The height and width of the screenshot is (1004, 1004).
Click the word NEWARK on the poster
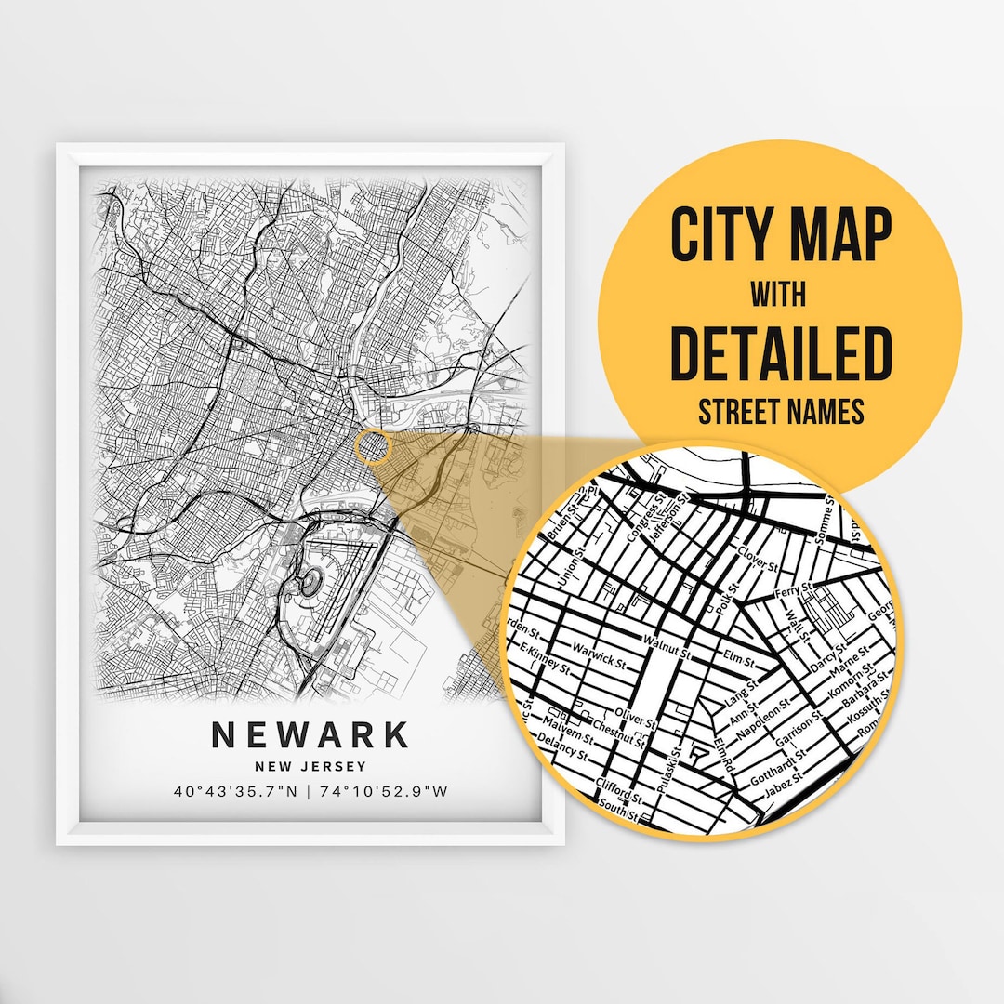[310, 735]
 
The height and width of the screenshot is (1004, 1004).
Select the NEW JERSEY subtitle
[310, 766]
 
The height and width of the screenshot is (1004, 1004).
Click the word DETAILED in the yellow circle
[781, 353]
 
